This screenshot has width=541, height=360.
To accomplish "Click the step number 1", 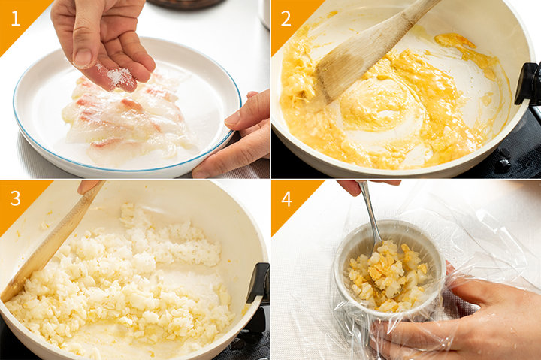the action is (x=16, y=19).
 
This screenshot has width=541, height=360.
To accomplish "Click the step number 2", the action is (x=286, y=19).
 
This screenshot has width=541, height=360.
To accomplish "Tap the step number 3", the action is (x=16, y=198).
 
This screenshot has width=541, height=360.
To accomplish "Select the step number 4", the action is (x=286, y=199).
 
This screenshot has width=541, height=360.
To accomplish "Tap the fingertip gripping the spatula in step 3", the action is (x=87, y=186).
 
